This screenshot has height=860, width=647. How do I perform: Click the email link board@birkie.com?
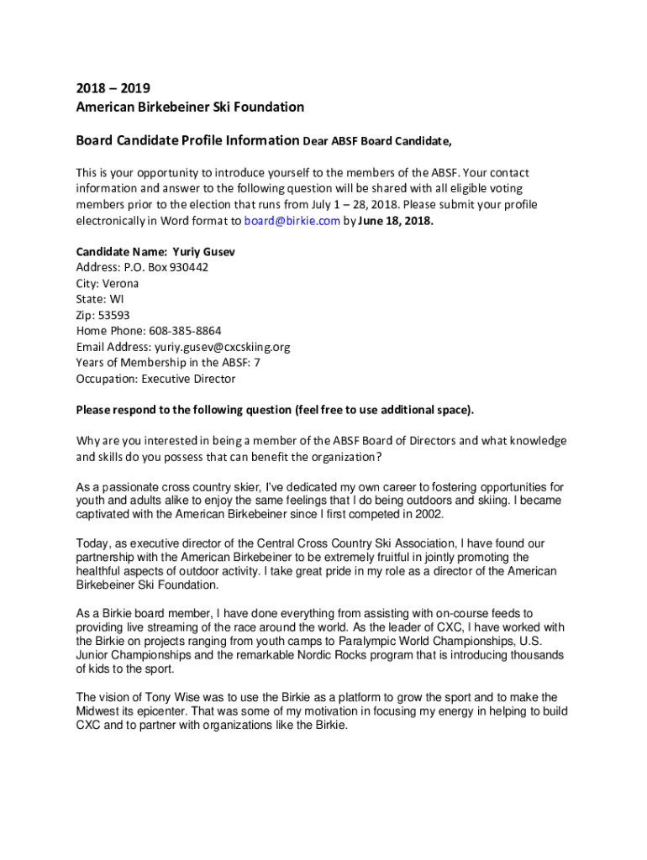292,221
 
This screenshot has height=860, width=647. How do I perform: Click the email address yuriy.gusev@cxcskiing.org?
222,347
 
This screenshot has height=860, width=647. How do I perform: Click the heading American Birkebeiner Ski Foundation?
190,107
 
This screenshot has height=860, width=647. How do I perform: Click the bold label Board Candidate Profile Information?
187,140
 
